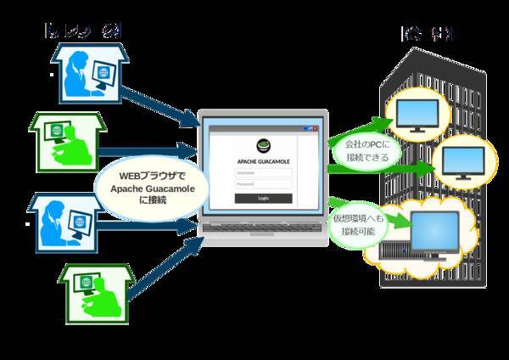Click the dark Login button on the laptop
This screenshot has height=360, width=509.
coord(263,198)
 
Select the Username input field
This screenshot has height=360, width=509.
coord(263,172)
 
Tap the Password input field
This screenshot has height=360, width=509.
coord(263,183)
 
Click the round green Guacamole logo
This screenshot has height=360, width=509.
coord(263,145)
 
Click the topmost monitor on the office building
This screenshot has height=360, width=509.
coord(414,117)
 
